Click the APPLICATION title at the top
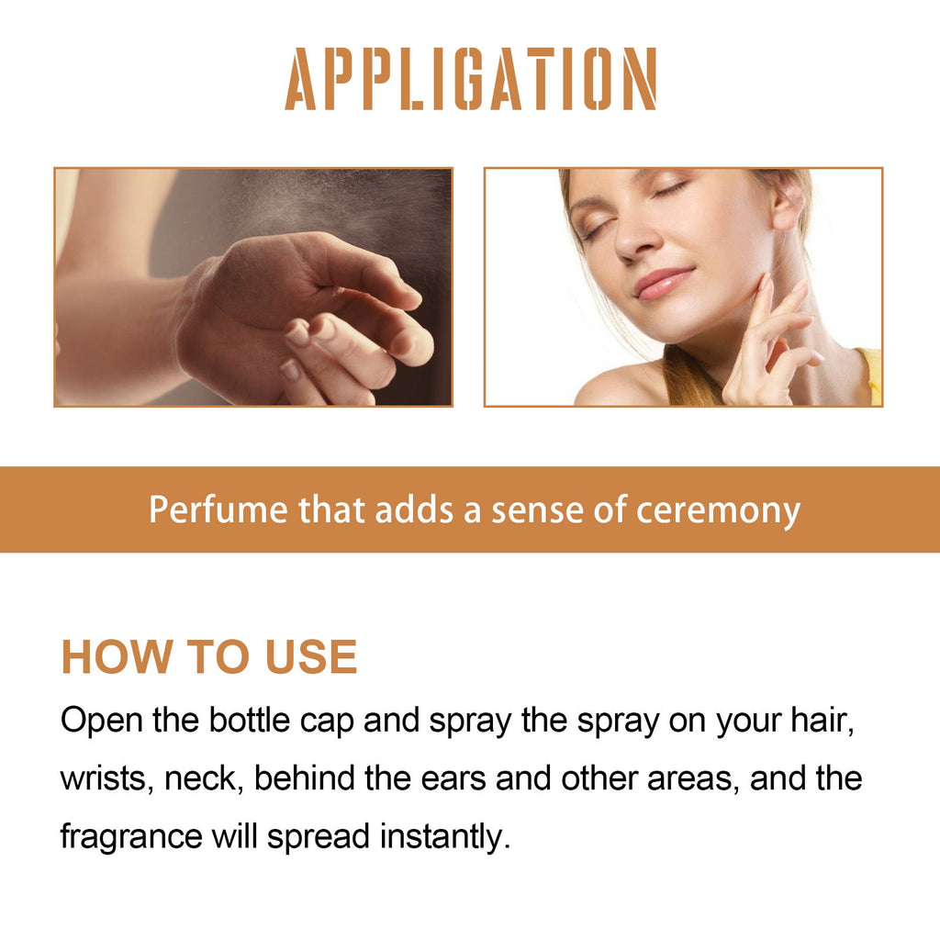pyautogui.click(x=470, y=80)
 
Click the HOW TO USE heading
pyautogui.click(x=209, y=657)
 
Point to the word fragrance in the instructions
pyautogui.click(x=131, y=836)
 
